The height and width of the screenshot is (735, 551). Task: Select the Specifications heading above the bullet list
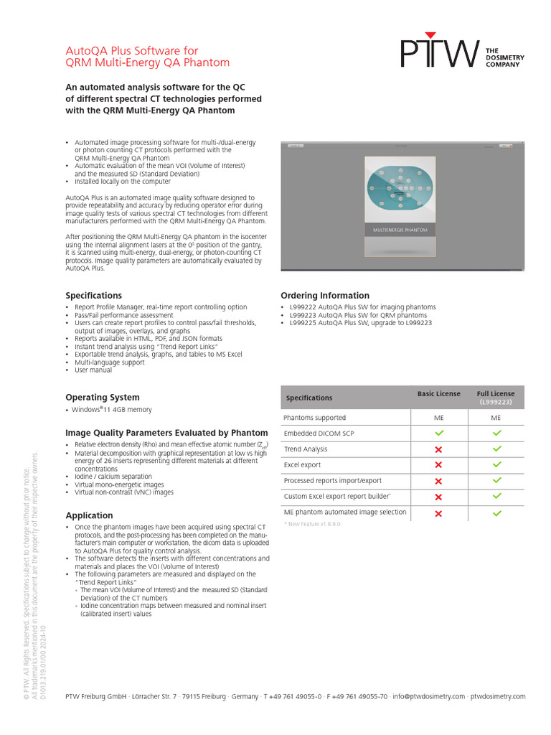coord(94,295)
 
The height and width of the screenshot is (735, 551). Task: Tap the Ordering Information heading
coord(325,295)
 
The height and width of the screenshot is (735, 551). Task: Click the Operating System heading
coord(103,397)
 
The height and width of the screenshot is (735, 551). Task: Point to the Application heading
coord(89,515)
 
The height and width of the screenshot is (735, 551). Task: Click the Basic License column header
coord(439,394)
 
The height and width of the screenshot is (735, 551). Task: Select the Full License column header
coord(496,394)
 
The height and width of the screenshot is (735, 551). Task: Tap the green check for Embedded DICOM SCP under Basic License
coord(439,434)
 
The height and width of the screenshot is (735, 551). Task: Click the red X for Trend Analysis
coord(439,449)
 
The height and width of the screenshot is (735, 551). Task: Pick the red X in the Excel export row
coord(439,465)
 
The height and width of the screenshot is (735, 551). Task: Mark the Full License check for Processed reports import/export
coord(496,481)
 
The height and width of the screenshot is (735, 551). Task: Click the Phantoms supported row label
coord(314,418)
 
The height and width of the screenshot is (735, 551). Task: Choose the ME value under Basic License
coord(439,418)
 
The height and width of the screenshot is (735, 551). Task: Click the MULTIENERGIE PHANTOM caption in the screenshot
coord(400,230)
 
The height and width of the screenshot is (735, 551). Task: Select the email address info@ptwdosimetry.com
coord(429,696)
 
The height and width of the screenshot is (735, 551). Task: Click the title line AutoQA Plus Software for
coord(132,51)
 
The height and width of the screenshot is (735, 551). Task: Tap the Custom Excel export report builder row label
coord(337,497)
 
